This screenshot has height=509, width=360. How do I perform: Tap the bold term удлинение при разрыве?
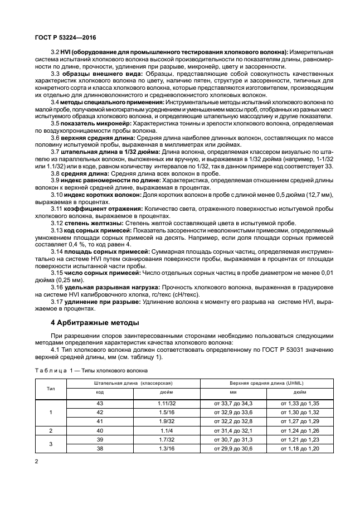coord(100,301)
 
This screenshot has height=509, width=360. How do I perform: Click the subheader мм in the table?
coord(233,392)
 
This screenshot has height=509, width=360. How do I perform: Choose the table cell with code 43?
coord(100,403)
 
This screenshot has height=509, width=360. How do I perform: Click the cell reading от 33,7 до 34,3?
coord(233,403)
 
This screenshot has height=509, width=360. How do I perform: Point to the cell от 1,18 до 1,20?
coord(300,448)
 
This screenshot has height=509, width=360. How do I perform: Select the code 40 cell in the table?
coord(100,430)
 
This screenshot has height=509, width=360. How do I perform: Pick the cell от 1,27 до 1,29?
coord(300,421)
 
